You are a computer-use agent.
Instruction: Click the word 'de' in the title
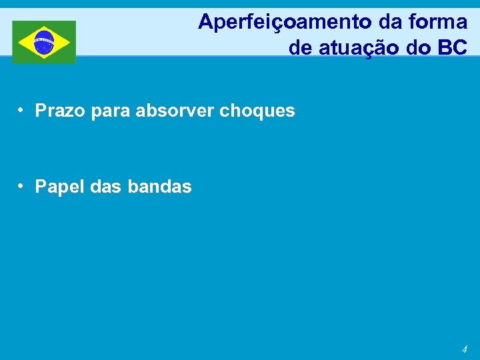click(x=299, y=47)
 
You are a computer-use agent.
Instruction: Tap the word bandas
click(x=159, y=187)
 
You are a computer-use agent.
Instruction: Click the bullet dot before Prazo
click(x=22, y=110)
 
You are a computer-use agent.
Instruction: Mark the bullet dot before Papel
click(x=22, y=186)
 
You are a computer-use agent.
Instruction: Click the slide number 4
click(x=464, y=349)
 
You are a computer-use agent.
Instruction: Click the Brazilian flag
click(x=44, y=42)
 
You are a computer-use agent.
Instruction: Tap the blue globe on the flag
click(x=44, y=42)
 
